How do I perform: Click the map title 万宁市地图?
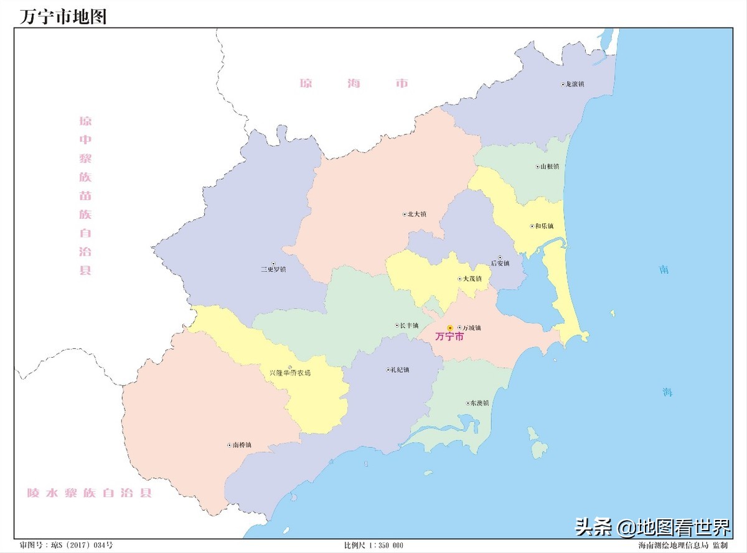63,16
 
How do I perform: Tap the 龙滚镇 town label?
574,84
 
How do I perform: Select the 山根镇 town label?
549,167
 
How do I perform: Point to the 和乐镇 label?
543,226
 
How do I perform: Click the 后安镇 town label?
500,263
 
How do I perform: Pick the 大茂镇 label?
472,279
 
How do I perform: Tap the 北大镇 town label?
416,214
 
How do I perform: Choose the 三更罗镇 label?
273,269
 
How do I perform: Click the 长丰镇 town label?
409,325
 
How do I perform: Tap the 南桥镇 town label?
242,445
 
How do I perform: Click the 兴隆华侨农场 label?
289,373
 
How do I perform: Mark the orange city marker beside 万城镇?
450,328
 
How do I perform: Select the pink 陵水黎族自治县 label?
89,493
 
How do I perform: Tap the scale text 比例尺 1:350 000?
374,546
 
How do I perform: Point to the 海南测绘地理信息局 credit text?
674,546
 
